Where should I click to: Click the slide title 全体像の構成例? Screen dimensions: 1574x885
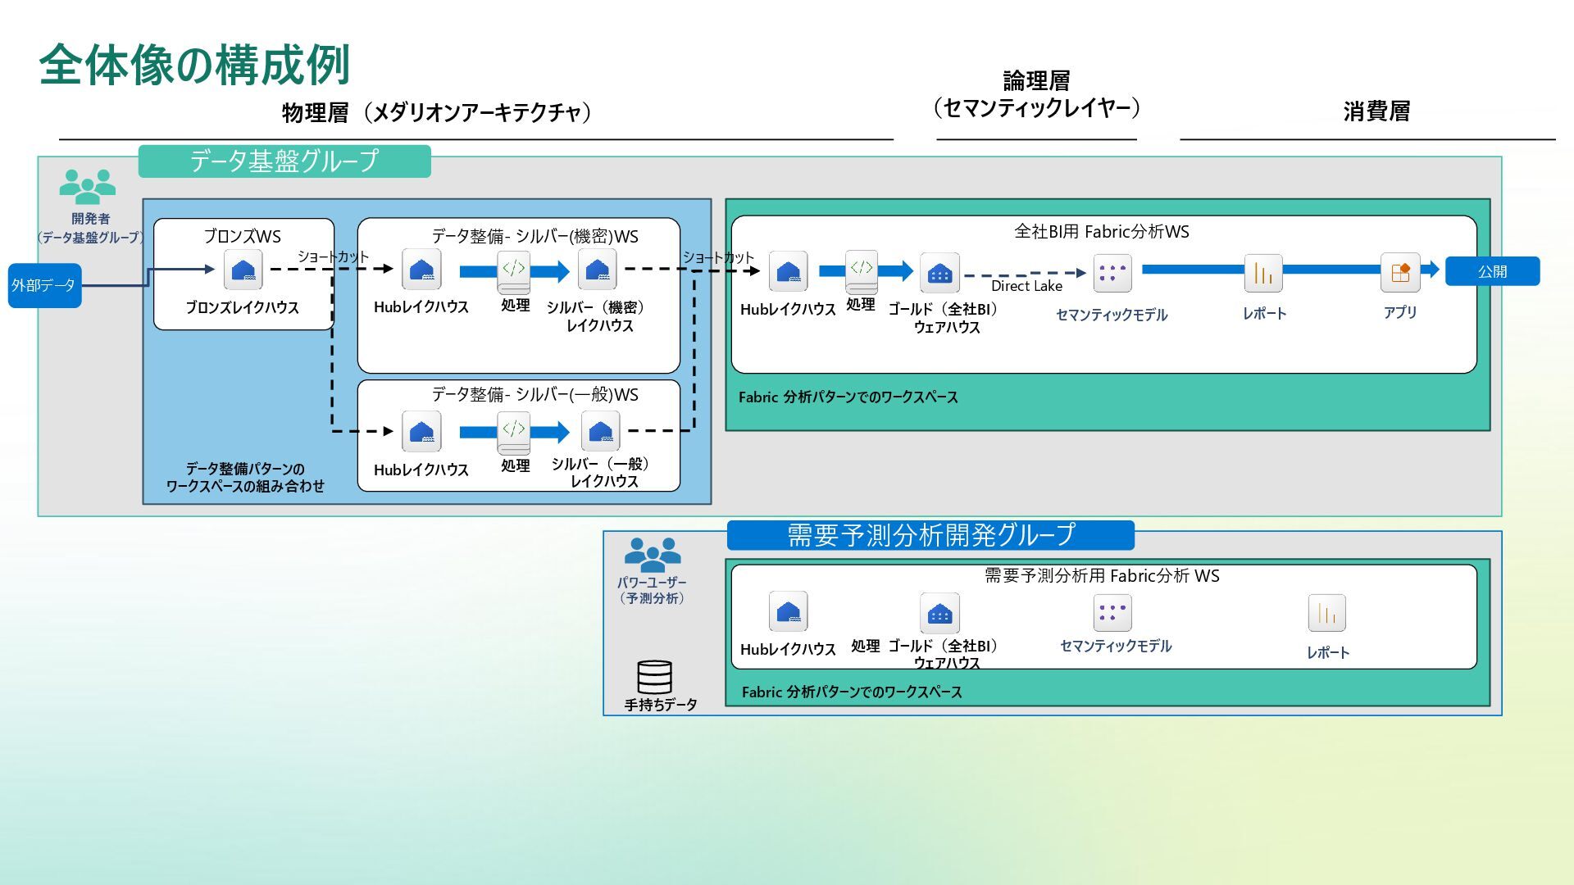(194, 65)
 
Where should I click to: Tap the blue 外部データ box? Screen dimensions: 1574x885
(44, 285)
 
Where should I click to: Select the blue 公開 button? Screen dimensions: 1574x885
(1492, 271)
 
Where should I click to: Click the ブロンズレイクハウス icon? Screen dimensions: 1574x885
(243, 270)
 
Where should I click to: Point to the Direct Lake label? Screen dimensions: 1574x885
(1026, 286)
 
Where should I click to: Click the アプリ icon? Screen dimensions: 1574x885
(1400, 272)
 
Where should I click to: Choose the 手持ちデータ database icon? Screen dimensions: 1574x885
(654, 677)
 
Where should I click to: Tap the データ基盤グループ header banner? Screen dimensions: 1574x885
(284, 161)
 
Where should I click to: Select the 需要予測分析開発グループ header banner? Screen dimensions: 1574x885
(930, 535)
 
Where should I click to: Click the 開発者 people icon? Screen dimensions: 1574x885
(88, 187)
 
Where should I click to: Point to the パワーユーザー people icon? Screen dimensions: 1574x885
(653, 555)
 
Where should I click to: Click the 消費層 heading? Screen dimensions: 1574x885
(1376, 111)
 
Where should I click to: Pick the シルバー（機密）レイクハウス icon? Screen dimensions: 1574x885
(598, 270)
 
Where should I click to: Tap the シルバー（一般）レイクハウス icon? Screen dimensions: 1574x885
(600, 431)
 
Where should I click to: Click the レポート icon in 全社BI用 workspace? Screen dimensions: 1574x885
(1263, 273)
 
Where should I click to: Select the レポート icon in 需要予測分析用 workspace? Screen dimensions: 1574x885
(1326, 613)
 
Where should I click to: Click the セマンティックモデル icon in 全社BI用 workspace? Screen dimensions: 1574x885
(1112, 273)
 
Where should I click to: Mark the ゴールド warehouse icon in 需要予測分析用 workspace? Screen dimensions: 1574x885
(939, 613)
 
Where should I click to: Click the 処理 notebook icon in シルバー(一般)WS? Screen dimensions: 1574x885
(514, 432)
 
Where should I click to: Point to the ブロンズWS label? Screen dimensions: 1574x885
(243, 237)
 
